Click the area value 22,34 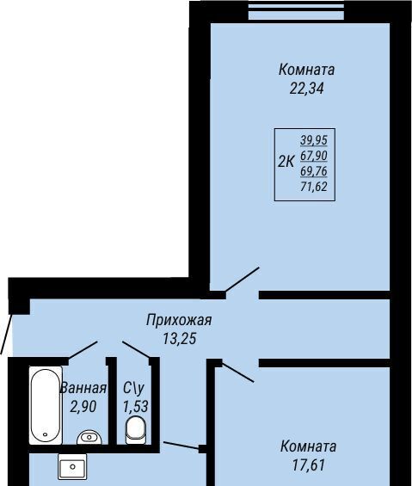306,89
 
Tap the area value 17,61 309,465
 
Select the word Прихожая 179,320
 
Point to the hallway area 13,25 180,338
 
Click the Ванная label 83,388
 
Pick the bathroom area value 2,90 83,407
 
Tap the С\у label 133,388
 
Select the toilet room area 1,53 136,407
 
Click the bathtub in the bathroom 46,405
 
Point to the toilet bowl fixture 136,430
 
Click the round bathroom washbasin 89,437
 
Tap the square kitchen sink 72,466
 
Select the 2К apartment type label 286,162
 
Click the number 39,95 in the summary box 314,140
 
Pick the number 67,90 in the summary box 314,156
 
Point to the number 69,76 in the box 314,171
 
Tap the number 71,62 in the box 314,187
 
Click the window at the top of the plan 297,12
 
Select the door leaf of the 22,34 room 242,280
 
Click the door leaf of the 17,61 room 237,372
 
